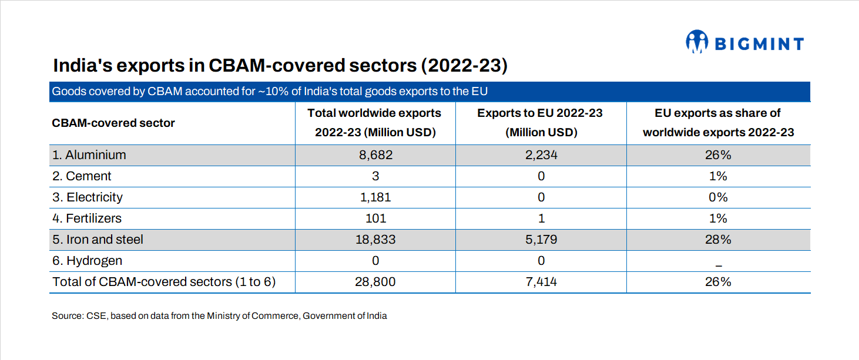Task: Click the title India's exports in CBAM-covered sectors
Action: [x=280, y=65]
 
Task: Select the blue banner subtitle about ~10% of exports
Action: [x=270, y=92]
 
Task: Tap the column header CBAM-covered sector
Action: [x=113, y=123]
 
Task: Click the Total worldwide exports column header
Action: [x=375, y=123]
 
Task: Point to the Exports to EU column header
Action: [x=541, y=123]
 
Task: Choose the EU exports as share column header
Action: [x=718, y=123]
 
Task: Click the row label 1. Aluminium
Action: [x=89, y=155]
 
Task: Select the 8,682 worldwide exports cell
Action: [x=375, y=155]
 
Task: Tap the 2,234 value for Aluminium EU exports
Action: [x=541, y=155]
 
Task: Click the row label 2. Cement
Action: [x=82, y=176]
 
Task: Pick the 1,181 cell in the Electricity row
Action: [x=375, y=197]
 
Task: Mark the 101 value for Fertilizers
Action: [x=375, y=218]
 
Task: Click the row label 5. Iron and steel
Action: [x=98, y=240]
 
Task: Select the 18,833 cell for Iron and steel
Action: [x=375, y=240]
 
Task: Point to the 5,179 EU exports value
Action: [x=541, y=240]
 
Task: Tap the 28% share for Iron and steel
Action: [x=718, y=240]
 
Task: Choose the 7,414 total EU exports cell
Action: [x=541, y=282]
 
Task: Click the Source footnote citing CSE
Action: [x=219, y=316]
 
